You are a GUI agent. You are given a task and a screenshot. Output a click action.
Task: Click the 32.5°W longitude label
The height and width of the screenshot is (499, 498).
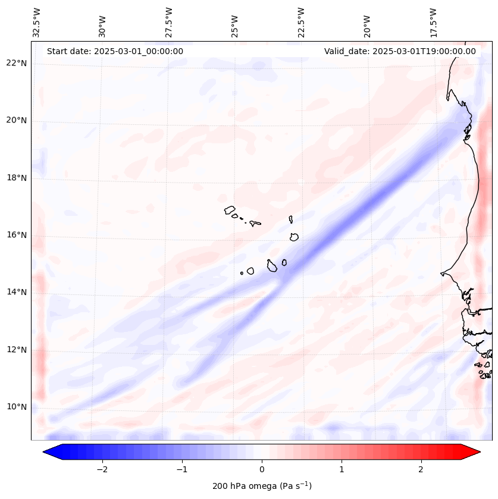(x=37, y=22)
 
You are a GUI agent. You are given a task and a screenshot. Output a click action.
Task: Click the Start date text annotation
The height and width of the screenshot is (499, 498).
(x=115, y=51)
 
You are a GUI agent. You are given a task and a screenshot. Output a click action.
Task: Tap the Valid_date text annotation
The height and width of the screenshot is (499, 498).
(x=400, y=51)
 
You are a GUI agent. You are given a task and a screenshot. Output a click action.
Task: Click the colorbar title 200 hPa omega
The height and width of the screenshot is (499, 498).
(x=262, y=486)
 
